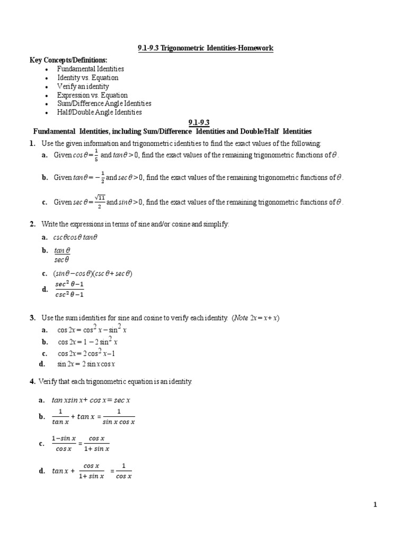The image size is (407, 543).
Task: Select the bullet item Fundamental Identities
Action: point(91,69)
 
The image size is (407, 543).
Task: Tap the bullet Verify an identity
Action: point(83,86)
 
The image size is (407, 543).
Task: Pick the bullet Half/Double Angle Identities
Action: point(100,112)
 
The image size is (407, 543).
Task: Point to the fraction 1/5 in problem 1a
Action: point(95,155)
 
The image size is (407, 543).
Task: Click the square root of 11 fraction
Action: point(99,202)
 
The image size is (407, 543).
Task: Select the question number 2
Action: point(32,225)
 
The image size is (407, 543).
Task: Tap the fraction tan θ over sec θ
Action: point(62,255)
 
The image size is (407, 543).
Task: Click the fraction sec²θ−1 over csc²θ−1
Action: point(66,290)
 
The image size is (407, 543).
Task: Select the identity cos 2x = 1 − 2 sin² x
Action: point(87,341)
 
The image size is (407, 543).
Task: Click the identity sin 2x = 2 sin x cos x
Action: point(86,364)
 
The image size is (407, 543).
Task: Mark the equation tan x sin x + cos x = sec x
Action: point(91,401)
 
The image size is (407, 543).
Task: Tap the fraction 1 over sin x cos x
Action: point(119,417)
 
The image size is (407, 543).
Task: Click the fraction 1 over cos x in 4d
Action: point(123,471)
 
